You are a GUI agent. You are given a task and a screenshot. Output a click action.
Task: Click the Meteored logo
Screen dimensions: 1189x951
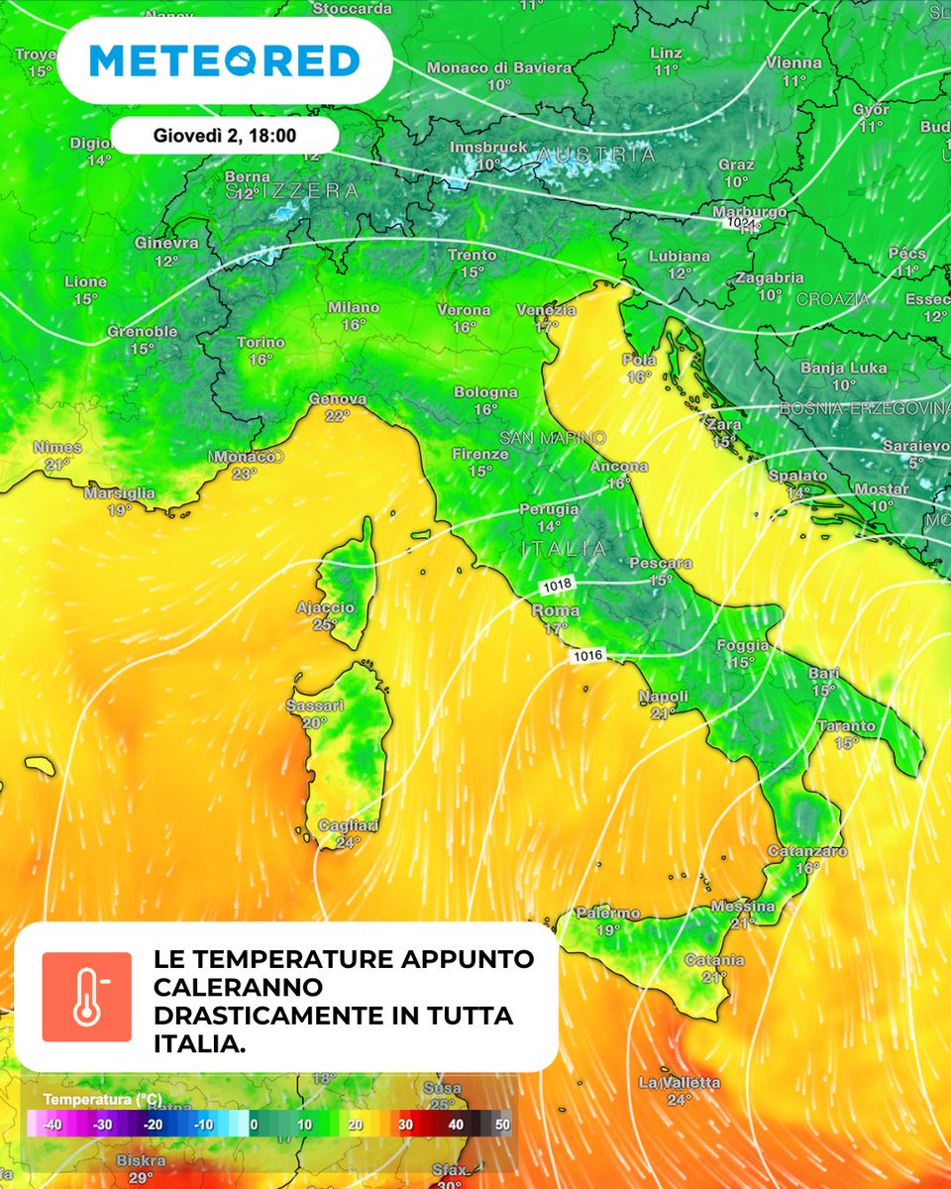[224, 61]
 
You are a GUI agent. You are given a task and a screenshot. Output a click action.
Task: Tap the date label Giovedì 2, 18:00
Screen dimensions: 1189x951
[225, 135]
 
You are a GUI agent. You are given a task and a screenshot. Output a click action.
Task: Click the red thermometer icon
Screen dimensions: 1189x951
[86, 997]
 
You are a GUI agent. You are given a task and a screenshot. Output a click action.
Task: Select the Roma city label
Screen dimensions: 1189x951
[555, 611]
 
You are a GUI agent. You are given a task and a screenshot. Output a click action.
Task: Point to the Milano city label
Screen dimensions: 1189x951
[354, 308]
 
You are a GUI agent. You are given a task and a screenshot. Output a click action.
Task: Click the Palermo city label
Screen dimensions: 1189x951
[607, 914]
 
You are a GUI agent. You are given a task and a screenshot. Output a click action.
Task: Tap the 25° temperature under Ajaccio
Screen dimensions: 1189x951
[325, 624]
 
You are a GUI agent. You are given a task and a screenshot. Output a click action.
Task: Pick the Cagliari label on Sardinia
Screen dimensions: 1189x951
[346, 826]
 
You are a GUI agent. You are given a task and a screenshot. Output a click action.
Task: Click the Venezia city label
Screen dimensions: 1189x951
[546, 310]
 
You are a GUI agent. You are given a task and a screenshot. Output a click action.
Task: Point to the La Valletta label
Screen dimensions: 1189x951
[680, 1082]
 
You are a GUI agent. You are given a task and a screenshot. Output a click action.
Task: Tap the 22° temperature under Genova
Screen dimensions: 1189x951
[338, 416]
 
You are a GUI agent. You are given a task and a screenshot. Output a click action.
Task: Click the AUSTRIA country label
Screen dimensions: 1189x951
[596, 156]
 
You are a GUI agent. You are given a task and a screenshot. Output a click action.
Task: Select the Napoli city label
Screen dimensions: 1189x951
[663, 696]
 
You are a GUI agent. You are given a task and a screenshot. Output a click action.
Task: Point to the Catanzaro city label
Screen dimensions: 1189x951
[807, 851]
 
